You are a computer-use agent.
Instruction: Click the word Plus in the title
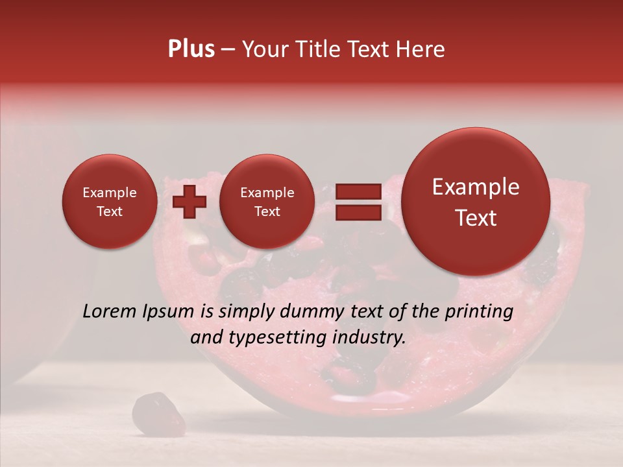coord(191,49)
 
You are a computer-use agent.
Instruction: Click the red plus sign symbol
coord(189,202)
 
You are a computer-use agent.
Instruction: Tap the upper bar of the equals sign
coord(358,191)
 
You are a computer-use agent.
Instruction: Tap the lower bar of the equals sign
coord(358,212)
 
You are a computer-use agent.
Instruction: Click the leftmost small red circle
coord(109,202)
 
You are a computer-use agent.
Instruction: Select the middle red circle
coord(267,202)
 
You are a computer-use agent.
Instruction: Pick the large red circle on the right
coord(476,202)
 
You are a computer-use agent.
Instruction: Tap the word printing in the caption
coord(478,312)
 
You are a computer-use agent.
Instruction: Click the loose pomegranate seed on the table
coord(151,413)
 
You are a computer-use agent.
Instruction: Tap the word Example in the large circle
coord(476,187)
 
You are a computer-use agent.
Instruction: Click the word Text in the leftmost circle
coord(109,211)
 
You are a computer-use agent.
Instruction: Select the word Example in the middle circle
coord(267,193)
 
